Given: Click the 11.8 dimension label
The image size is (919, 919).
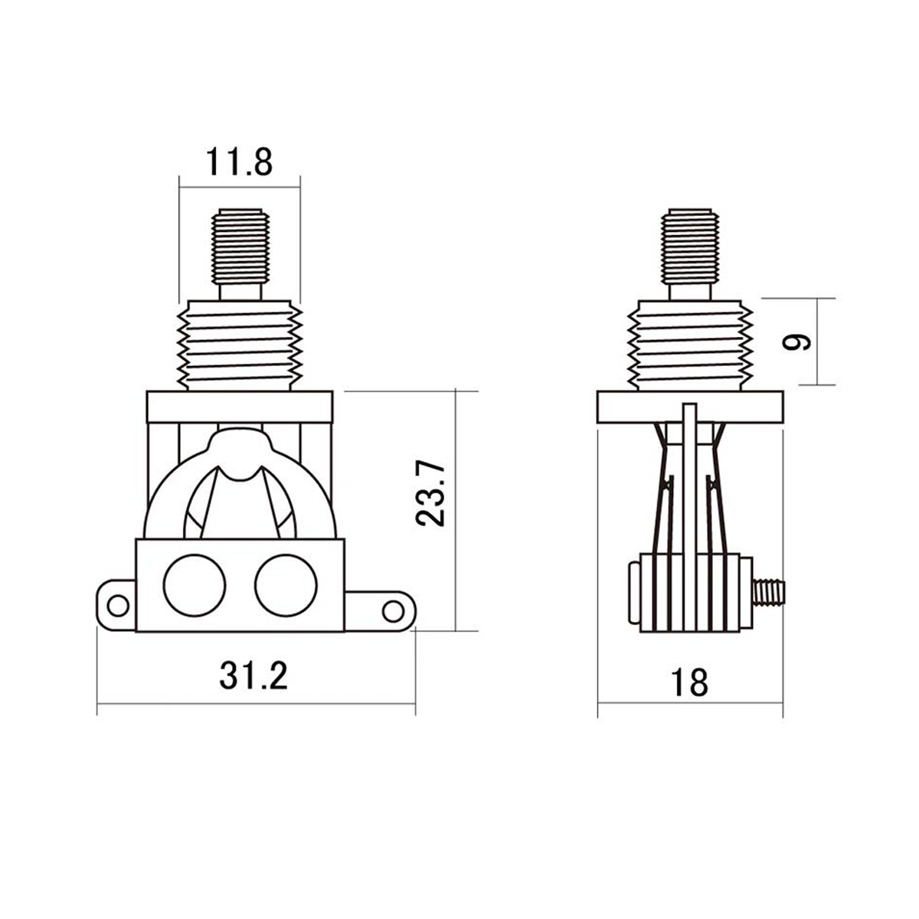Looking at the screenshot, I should pos(238,163).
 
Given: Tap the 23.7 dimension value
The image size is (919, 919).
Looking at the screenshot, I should pos(431,492).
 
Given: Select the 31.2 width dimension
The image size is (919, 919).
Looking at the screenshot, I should pos(253,675).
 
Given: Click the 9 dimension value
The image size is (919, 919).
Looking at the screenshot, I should pos(798,342).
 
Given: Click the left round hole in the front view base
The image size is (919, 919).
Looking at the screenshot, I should pos(195,586).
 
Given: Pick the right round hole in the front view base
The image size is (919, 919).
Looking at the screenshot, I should pos(285,586).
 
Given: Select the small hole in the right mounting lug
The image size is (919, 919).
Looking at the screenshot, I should pos(392,610).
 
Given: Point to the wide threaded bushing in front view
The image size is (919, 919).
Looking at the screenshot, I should pos(239,345).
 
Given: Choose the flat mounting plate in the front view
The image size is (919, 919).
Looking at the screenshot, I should pos(239,407).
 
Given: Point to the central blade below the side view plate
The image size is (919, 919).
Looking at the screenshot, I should pos(691,475).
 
